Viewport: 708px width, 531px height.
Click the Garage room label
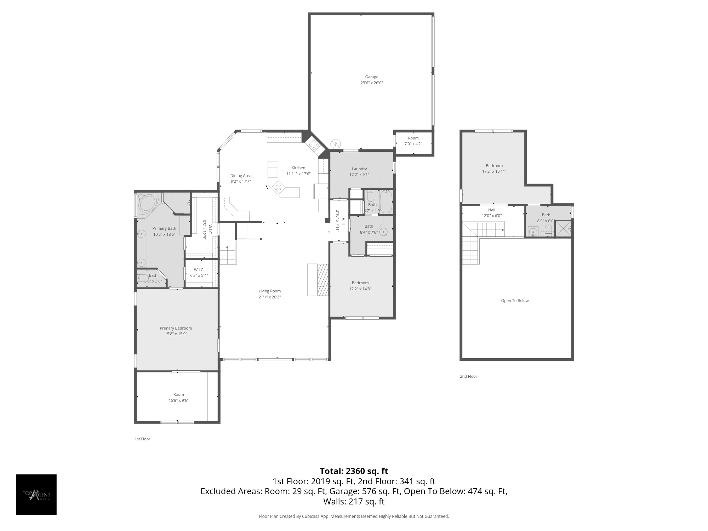(x=371, y=77)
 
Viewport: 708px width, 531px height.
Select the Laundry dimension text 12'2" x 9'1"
(x=359, y=175)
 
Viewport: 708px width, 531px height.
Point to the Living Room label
(x=269, y=291)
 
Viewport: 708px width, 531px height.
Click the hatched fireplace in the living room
(x=323, y=280)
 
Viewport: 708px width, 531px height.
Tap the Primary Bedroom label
(x=176, y=328)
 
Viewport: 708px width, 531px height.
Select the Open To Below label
(x=515, y=301)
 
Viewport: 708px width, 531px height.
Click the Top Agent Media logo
(x=36, y=495)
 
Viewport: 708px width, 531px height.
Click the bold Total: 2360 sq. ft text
(x=354, y=471)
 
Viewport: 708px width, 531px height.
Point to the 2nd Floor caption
(x=468, y=376)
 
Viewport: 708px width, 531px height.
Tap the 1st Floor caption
(x=142, y=439)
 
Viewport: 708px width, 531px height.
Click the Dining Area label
(x=241, y=176)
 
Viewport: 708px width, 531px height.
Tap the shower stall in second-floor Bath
(x=563, y=228)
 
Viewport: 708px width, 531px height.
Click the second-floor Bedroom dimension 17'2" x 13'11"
(x=494, y=171)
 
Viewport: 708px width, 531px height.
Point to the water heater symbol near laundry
(x=335, y=144)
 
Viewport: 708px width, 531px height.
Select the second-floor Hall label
(x=491, y=210)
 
